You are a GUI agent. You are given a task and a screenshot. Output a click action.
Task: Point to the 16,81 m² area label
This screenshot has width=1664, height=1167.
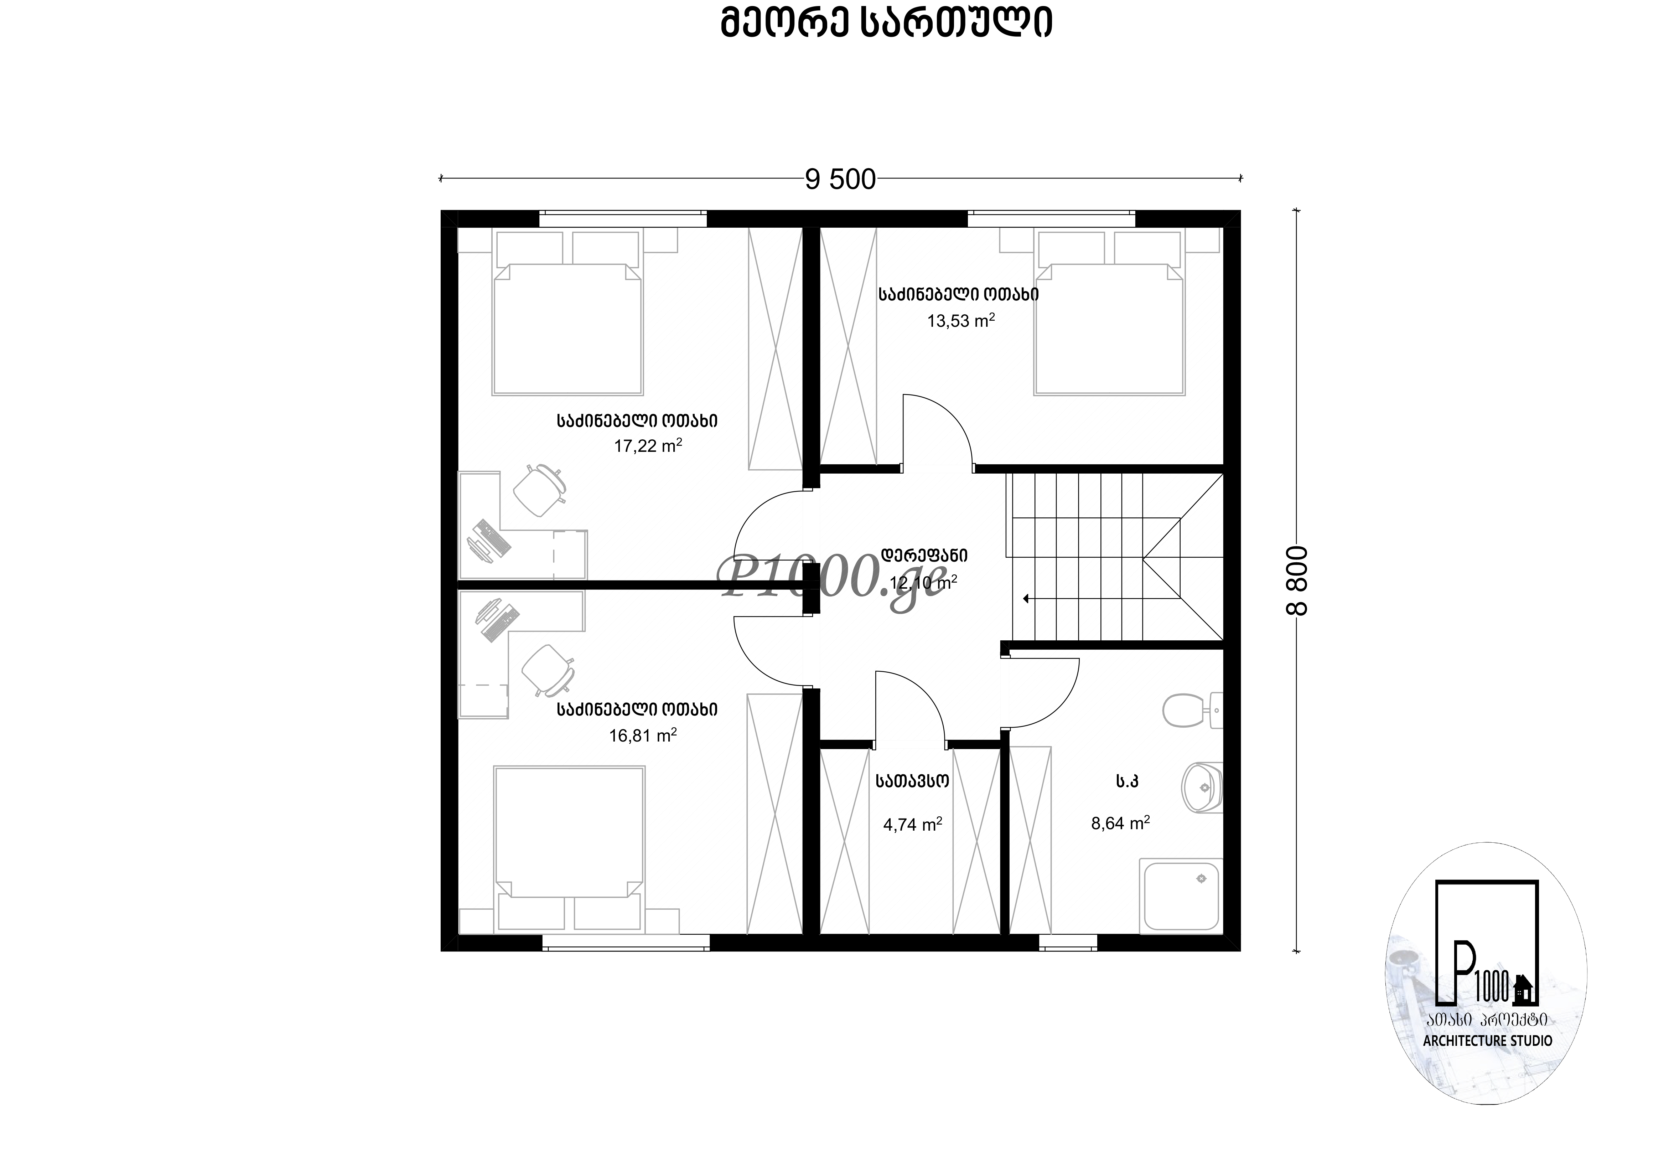(x=643, y=735)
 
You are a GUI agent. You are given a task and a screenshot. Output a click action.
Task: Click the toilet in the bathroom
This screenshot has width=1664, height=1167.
(x=1192, y=710)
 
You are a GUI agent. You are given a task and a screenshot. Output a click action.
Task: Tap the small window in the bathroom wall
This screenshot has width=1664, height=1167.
(x=1068, y=942)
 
